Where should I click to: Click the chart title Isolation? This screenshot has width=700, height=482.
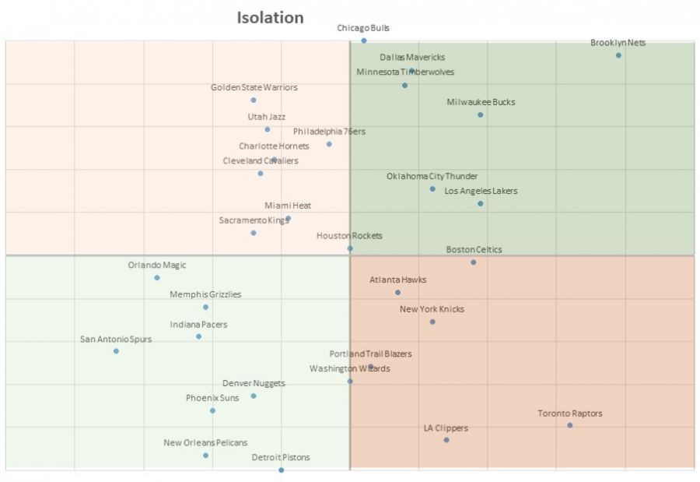pyautogui.click(x=270, y=17)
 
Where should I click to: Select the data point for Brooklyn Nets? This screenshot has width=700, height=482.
pyautogui.click(x=618, y=55)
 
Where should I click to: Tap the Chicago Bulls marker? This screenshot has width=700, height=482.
pyautogui.click(x=363, y=40)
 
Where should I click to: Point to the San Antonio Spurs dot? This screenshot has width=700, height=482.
pyautogui.click(x=116, y=351)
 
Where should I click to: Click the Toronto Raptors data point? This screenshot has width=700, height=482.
pyautogui.click(x=569, y=425)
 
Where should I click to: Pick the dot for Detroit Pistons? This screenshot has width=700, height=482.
pyautogui.click(x=281, y=470)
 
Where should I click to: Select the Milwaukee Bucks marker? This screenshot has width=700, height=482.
pyautogui.click(x=480, y=114)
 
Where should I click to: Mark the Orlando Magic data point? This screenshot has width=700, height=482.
pyautogui.click(x=157, y=277)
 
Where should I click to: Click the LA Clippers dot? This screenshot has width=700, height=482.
pyautogui.click(x=446, y=440)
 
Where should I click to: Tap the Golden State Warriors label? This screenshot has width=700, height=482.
pyautogui.click(x=254, y=87)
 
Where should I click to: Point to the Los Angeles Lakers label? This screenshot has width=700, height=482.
pyautogui.click(x=481, y=191)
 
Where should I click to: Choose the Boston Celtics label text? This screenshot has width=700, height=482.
pyautogui.click(x=474, y=250)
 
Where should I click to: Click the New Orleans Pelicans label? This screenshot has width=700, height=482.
pyautogui.click(x=205, y=442)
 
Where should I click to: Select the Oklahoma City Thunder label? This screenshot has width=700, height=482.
pyautogui.click(x=432, y=176)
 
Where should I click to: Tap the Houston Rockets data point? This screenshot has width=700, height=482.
pyautogui.click(x=350, y=248)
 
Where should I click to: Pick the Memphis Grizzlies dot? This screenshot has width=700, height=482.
pyautogui.click(x=205, y=307)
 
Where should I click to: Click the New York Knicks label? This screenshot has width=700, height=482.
pyautogui.click(x=432, y=309)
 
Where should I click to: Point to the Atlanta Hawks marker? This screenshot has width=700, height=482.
pyautogui.click(x=397, y=293)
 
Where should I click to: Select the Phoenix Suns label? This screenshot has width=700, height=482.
pyautogui.click(x=212, y=398)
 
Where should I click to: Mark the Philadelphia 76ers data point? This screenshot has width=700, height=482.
pyautogui.click(x=329, y=144)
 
